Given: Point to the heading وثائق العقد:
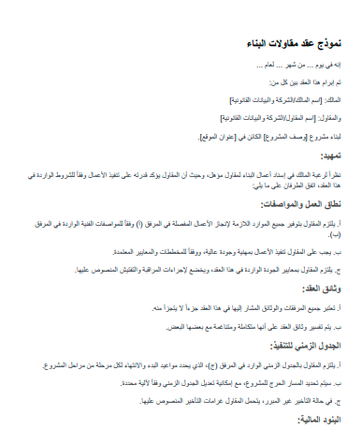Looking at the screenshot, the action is click(x=322, y=290).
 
